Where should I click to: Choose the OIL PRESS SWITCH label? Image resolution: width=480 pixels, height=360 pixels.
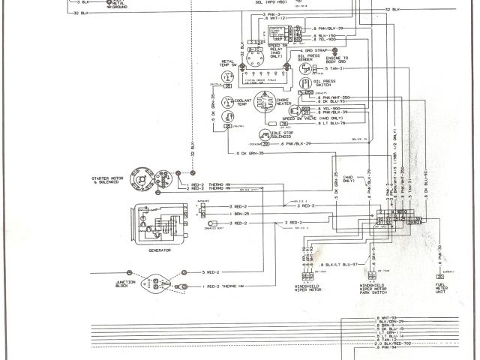pos(326,84)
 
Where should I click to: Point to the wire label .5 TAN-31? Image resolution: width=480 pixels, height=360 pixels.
pos(336,69)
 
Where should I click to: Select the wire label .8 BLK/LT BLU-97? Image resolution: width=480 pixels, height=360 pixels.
pos(340,265)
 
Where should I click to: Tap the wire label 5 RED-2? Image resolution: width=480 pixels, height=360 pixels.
pos(213,271)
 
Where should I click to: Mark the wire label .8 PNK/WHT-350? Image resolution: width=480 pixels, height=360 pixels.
pos(335,97)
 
